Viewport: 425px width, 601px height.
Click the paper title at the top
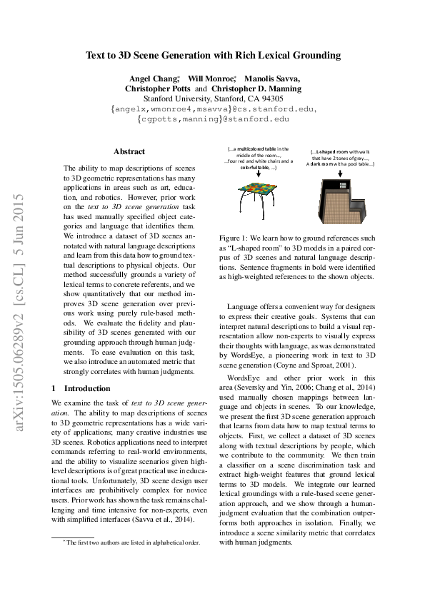click(213, 55)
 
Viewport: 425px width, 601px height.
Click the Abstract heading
click(129, 151)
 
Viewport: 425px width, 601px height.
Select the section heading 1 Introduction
click(81, 388)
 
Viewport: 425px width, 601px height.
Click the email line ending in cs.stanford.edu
click(213, 109)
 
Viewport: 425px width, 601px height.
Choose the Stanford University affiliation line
click(213, 99)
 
